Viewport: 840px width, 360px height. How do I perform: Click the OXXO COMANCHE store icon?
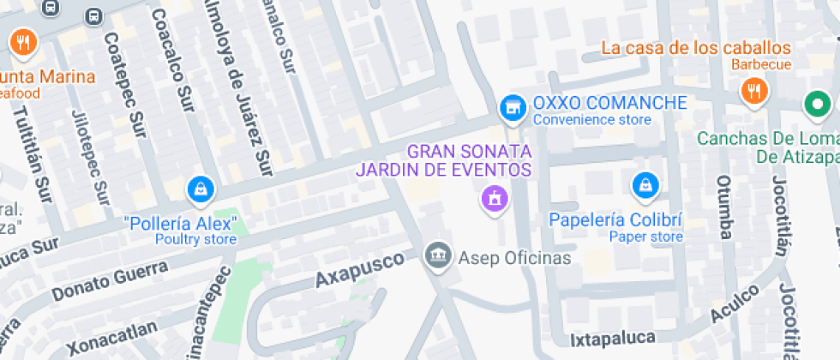pos(513,106)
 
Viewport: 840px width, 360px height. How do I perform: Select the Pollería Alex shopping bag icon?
pos(200,188)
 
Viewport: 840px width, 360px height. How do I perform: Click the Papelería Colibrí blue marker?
pos(644,183)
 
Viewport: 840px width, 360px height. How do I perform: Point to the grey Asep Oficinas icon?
pos(438,254)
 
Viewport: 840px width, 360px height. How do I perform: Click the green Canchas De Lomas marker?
pos(817,105)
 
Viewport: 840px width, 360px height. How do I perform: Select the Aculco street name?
pos(734,304)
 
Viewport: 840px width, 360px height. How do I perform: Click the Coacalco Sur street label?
pos(173,62)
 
